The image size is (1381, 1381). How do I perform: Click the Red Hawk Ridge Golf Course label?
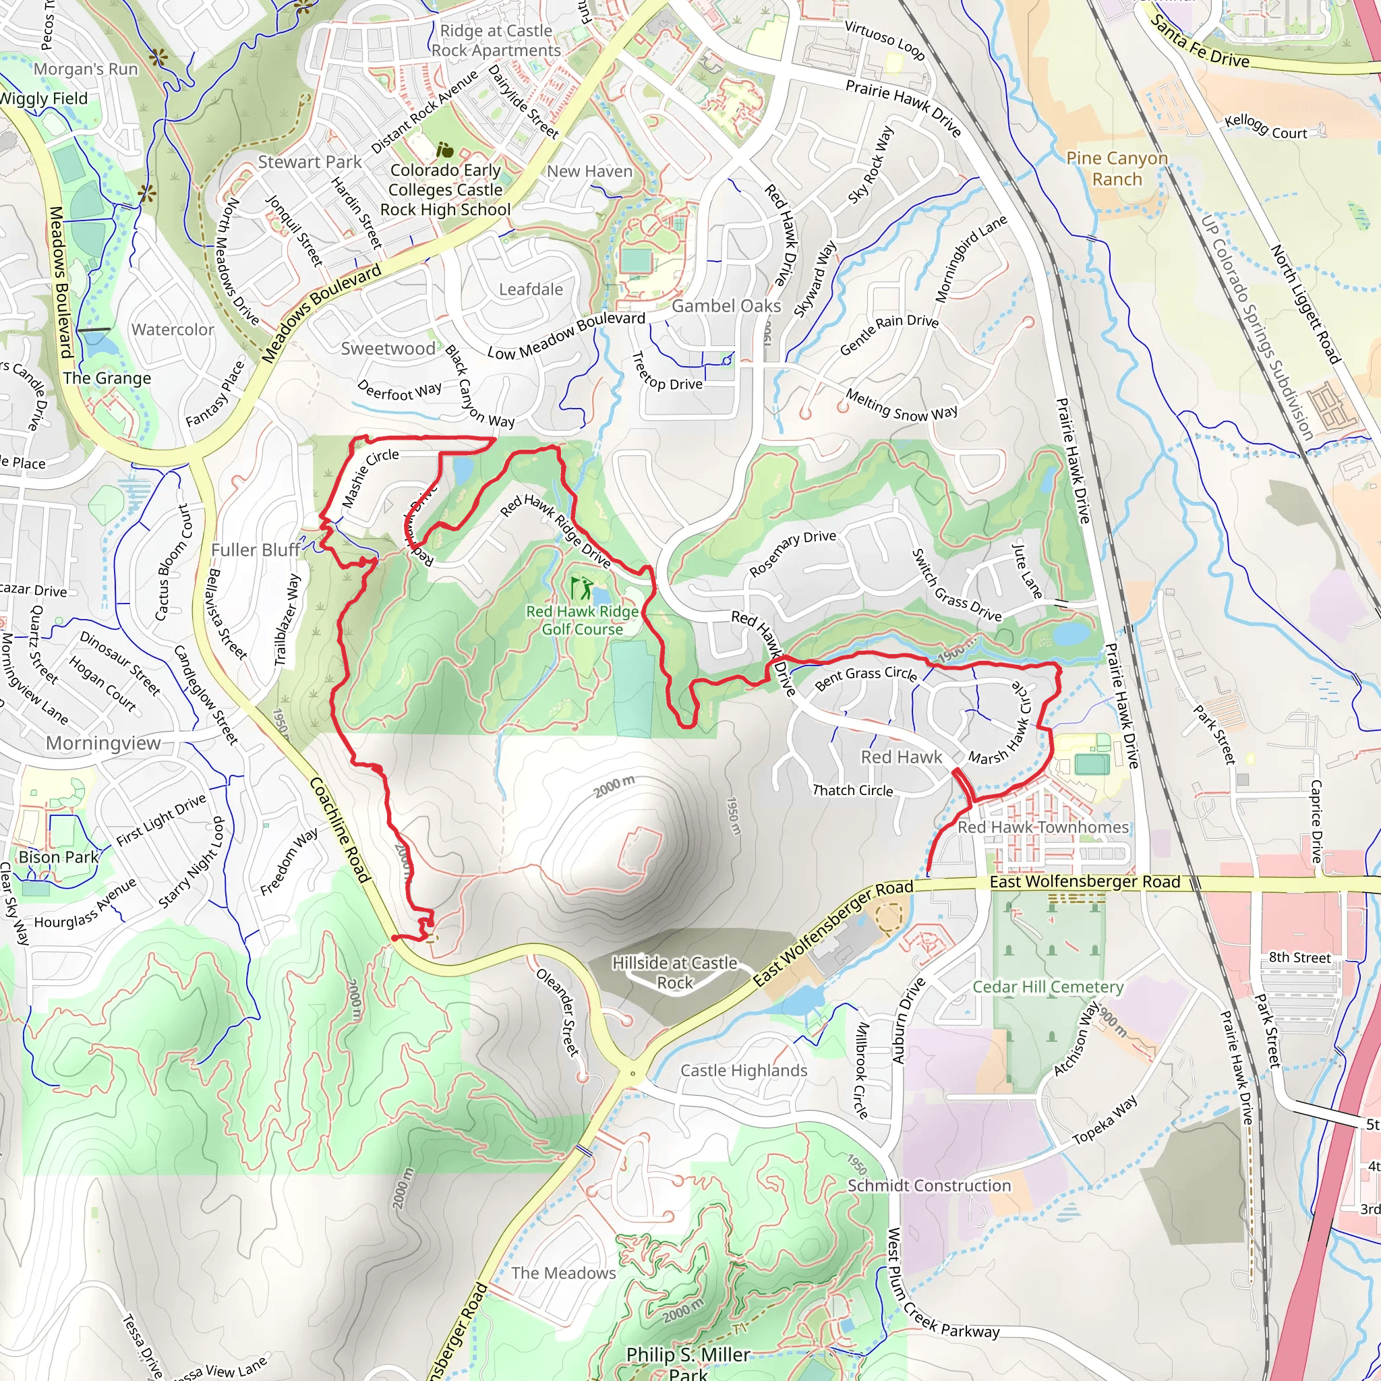pyautogui.click(x=582, y=620)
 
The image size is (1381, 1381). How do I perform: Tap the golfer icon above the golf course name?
pyautogui.click(x=582, y=587)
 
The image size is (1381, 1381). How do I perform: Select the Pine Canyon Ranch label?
pyautogui.click(x=1117, y=169)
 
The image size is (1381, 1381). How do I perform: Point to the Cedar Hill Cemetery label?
pyautogui.click(x=1048, y=987)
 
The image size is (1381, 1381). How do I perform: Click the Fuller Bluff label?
pyautogui.click(x=255, y=550)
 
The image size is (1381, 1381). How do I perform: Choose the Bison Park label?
pyautogui.click(x=59, y=857)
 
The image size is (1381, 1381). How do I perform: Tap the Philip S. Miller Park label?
pyautogui.click(x=688, y=1362)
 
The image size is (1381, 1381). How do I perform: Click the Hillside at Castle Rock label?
pyautogui.click(x=674, y=973)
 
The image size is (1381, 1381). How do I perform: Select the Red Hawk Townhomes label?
pyautogui.click(x=1043, y=827)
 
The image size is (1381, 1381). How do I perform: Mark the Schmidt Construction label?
pyautogui.click(x=929, y=1186)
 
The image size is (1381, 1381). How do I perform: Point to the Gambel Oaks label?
pyautogui.click(x=726, y=306)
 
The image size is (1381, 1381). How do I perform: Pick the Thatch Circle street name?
pyautogui.click(x=853, y=790)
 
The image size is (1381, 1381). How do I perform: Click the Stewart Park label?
pyautogui.click(x=310, y=163)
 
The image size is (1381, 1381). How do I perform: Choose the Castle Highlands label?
pyautogui.click(x=743, y=1071)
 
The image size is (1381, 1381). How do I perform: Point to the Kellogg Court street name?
pyautogui.click(x=1265, y=127)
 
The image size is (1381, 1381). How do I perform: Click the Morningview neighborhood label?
pyautogui.click(x=103, y=743)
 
